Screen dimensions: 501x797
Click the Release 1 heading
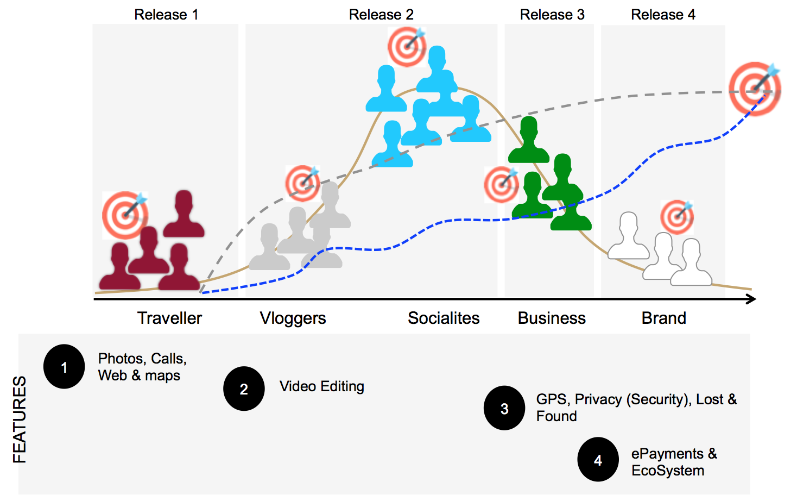click(x=166, y=15)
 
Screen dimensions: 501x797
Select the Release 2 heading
click(x=381, y=15)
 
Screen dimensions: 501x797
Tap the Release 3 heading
click(x=552, y=15)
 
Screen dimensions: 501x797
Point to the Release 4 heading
click(x=663, y=15)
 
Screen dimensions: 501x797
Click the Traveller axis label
click(x=169, y=318)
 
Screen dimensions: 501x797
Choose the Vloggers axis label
click(x=293, y=318)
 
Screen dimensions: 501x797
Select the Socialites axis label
click(x=444, y=318)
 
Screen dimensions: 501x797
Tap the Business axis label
click(x=552, y=318)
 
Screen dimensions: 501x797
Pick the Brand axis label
click(x=663, y=318)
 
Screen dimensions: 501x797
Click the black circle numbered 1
click(x=64, y=367)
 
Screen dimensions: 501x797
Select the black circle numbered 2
click(x=244, y=389)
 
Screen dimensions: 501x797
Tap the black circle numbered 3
click(x=504, y=408)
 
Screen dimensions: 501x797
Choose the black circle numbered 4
click(x=598, y=460)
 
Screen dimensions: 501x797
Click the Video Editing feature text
click(x=321, y=386)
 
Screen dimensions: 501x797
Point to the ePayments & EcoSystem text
click(x=674, y=462)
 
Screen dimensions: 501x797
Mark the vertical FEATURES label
click(x=20, y=419)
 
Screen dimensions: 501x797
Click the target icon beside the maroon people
click(x=125, y=215)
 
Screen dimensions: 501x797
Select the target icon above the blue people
click(x=407, y=47)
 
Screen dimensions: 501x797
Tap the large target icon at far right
click(x=754, y=89)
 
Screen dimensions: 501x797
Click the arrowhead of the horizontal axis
click(x=752, y=299)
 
